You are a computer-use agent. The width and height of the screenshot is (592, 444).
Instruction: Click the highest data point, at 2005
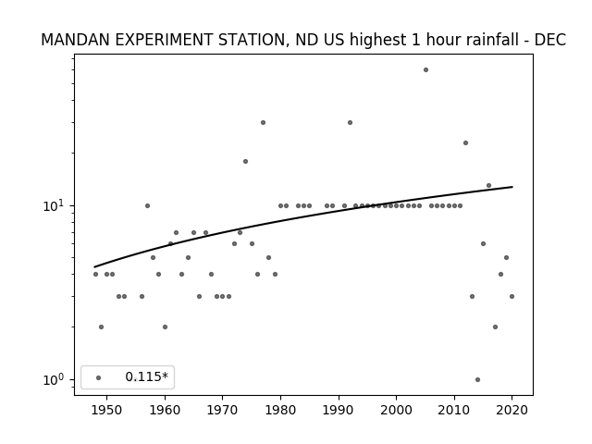tap(425, 70)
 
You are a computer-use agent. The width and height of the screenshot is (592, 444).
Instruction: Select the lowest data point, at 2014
tap(477, 379)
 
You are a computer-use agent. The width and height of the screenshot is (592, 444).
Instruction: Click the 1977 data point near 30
tap(263, 122)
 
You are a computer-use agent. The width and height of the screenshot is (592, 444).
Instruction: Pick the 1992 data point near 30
tap(350, 122)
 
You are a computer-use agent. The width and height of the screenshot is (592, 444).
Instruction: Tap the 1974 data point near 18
tap(245, 161)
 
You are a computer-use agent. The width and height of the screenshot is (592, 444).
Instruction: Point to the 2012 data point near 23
tap(465, 142)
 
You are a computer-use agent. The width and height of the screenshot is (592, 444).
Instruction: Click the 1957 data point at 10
tap(147, 205)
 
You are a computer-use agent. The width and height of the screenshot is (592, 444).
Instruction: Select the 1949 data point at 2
tap(101, 327)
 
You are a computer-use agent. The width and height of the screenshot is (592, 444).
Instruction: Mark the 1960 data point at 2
tap(165, 327)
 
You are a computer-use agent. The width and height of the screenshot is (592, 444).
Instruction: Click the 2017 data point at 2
tap(495, 327)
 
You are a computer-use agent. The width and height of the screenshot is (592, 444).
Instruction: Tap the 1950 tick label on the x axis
tap(107, 410)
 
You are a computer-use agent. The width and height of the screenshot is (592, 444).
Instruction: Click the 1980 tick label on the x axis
tap(280, 410)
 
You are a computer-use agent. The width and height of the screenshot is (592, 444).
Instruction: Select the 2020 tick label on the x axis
tap(512, 410)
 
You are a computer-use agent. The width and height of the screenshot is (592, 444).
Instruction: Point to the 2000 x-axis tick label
tap(397, 410)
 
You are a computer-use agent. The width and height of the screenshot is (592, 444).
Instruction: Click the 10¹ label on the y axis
tap(54, 205)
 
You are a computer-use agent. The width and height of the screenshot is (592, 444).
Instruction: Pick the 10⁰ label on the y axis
tap(54, 379)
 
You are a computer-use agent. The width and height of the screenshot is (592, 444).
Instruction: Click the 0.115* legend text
tap(146, 376)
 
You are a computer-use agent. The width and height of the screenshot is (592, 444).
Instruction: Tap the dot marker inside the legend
tap(99, 377)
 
